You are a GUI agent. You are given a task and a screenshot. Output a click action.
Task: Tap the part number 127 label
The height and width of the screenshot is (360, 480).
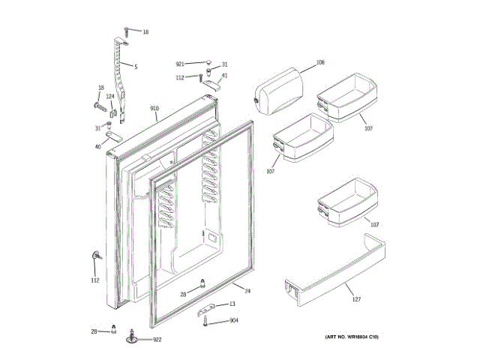357,300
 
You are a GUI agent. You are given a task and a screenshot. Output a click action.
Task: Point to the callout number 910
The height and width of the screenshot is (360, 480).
154,110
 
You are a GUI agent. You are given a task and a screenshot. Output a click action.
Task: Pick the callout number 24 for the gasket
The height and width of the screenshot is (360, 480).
247,290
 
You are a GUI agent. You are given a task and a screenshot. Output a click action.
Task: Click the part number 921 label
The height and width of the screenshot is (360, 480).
180,64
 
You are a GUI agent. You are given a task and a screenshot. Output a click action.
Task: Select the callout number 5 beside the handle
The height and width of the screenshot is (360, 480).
136,67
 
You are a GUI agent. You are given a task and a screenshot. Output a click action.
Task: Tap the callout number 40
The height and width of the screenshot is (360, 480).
98,146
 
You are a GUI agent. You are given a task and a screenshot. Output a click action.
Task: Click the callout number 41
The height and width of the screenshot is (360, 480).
224,75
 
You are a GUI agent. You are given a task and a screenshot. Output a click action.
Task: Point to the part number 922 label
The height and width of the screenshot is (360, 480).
157,340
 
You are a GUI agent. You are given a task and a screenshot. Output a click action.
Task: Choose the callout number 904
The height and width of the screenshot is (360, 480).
234,321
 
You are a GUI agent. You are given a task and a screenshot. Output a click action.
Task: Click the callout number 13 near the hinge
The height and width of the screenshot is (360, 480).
232,304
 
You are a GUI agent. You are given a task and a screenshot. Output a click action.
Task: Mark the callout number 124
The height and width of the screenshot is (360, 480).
109,96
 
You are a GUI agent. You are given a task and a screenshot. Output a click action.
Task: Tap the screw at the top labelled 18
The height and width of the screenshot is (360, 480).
129,31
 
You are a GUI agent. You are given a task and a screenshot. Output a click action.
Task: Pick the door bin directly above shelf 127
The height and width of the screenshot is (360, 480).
347,204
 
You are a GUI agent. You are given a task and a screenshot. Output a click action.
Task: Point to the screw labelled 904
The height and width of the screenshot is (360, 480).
204,321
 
